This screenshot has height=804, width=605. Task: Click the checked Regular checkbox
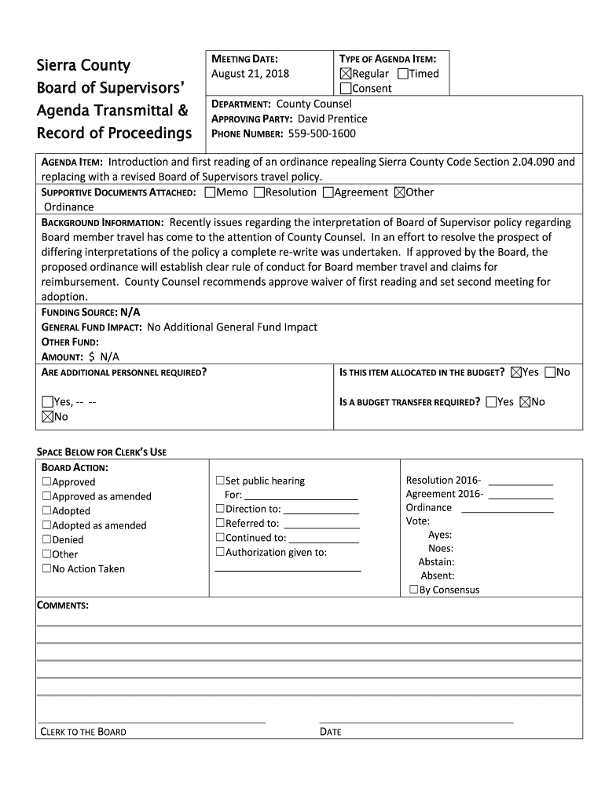click(x=346, y=74)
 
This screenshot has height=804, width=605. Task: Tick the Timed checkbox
click(x=403, y=74)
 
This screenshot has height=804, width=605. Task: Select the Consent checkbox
click(x=346, y=89)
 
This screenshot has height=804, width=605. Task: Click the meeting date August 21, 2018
click(x=251, y=74)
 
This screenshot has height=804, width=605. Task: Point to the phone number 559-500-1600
click(x=322, y=133)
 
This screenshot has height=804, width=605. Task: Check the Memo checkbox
click(x=210, y=192)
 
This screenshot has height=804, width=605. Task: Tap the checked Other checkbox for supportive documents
click(x=399, y=192)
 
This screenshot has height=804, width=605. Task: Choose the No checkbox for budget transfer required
click(x=525, y=402)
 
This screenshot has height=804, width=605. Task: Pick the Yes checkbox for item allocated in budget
click(x=516, y=372)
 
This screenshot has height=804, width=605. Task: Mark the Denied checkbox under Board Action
click(x=47, y=539)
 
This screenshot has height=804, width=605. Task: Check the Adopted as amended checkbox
click(x=47, y=525)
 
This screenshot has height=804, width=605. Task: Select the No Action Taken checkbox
click(x=47, y=568)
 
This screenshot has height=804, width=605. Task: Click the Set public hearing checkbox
click(x=220, y=481)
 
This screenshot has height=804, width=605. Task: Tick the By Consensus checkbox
click(x=413, y=590)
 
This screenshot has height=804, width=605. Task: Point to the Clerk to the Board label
click(x=83, y=732)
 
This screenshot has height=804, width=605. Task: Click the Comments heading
click(x=63, y=605)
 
